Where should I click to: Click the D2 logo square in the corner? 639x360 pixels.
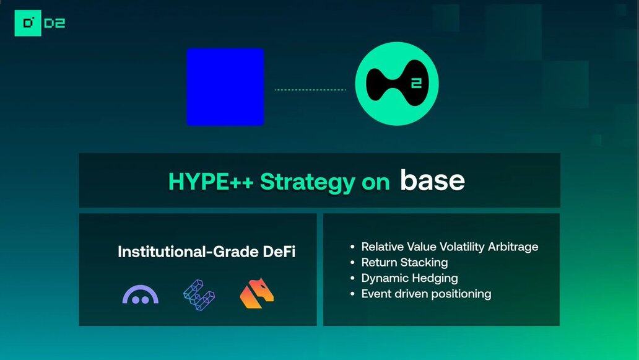[x=28, y=24]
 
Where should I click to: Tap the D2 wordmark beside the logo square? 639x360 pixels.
[x=54, y=24]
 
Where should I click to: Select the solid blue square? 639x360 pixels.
[x=225, y=87]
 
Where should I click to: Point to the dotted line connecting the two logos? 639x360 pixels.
[x=310, y=90]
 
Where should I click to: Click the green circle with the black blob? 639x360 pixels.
[x=397, y=84]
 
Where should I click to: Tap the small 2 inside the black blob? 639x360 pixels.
[x=416, y=84]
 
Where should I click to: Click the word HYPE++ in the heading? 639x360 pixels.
[x=211, y=182]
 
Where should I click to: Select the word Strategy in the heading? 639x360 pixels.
[x=307, y=182]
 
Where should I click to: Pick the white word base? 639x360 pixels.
[x=432, y=180]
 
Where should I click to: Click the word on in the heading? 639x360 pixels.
[x=376, y=183]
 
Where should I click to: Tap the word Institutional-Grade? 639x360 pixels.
[x=188, y=252]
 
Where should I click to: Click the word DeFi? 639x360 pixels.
[x=279, y=252]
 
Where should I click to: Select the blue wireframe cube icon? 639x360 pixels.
[x=199, y=295]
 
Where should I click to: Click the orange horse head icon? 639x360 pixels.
[x=257, y=293]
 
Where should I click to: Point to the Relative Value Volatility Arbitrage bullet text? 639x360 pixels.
[x=450, y=247]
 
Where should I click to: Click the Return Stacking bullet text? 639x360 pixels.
[x=404, y=262]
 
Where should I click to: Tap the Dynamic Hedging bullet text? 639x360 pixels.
[x=409, y=278]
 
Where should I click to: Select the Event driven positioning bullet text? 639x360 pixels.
[x=426, y=294]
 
